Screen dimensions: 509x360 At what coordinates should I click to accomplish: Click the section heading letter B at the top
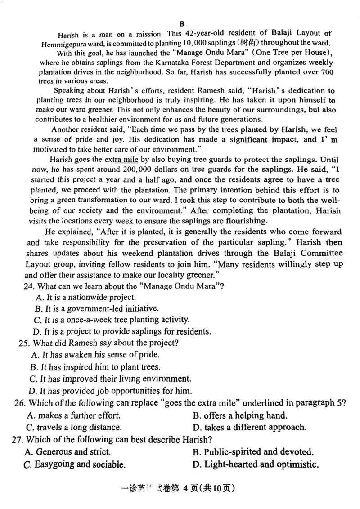(182, 24)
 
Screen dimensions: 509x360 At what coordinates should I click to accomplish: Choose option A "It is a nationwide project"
(85, 297)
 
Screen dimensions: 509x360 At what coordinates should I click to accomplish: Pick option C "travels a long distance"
(74, 427)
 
